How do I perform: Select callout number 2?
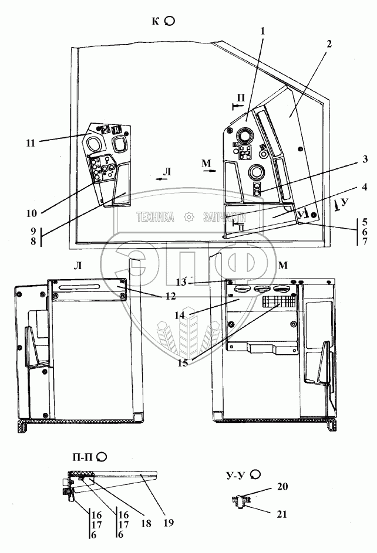pos(329,44)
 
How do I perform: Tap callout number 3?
pos(365,160)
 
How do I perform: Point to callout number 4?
pos(365,187)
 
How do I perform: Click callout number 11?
pos(31,142)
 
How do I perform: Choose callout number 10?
pos(31,213)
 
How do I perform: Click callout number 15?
pos(183,362)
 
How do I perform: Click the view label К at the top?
pos(156,21)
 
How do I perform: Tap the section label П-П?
pos(82,456)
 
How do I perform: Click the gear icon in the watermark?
pos(189,217)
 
